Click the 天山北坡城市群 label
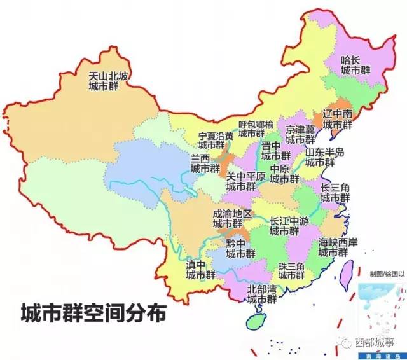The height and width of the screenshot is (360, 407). (108, 81)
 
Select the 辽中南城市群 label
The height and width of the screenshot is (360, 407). (337, 119)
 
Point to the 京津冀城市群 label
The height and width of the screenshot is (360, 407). (300, 134)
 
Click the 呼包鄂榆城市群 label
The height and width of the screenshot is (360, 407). (256, 128)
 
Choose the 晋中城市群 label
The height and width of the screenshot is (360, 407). (276, 151)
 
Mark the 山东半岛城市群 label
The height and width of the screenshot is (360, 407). (324, 156)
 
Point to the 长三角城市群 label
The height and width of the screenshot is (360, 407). (335, 192)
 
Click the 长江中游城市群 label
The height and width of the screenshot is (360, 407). (289, 225)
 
